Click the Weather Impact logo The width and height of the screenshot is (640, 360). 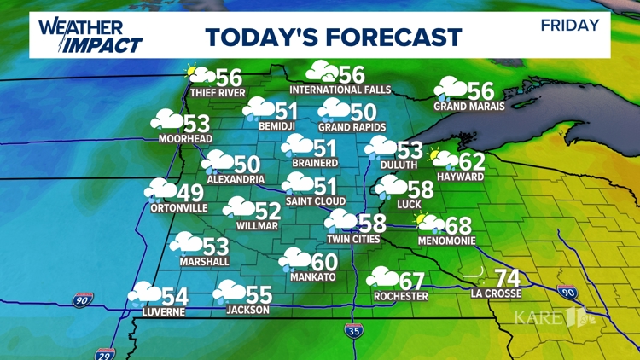tap(90, 34)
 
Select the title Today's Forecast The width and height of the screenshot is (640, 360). tap(333, 37)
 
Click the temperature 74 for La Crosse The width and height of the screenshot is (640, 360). tap(507, 278)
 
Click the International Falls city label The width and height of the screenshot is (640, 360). tap(340, 90)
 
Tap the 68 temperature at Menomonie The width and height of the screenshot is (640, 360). tap(458, 226)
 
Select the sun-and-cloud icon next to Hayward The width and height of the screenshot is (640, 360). tap(442, 159)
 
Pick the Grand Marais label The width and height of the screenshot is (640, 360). tap(469, 107)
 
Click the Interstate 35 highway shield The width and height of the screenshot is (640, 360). tap(353, 329)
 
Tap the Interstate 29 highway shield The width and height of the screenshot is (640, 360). tap(105, 352)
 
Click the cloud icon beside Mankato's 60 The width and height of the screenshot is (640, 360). tap(295, 259)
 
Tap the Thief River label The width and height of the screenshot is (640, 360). tap(218, 93)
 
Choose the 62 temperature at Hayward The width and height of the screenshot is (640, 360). tap(472, 161)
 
